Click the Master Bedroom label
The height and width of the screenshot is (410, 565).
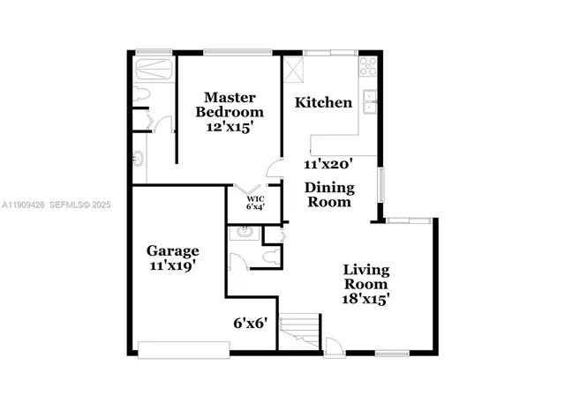pyautogui.click(x=230, y=104)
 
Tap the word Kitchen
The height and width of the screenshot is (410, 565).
pyautogui.click(x=323, y=103)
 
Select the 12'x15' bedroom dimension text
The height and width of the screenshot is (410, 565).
pyautogui.click(x=230, y=127)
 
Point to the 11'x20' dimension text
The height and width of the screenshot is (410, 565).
pyautogui.click(x=328, y=164)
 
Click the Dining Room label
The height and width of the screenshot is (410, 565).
pyautogui.click(x=330, y=195)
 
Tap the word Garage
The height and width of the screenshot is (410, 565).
pyautogui.click(x=172, y=250)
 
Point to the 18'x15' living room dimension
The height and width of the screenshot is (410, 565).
pyautogui.click(x=366, y=299)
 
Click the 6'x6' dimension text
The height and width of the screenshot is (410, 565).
pyautogui.click(x=250, y=323)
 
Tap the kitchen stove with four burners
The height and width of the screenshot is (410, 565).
pyautogui.click(x=368, y=65)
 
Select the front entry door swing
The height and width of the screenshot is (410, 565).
pyautogui.click(x=334, y=345)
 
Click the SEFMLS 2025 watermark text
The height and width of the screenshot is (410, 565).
pyautogui.click(x=82, y=205)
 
